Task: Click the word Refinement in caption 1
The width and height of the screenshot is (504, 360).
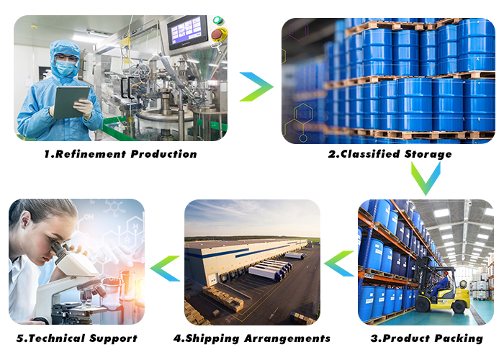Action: click(90, 154)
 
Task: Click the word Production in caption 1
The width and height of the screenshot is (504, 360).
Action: click(163, 154)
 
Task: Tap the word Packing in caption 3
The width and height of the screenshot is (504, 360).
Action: click(459, 338)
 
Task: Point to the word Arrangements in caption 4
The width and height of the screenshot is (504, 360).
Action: click(287, 338)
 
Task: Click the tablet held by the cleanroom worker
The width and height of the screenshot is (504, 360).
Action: click(71, 102)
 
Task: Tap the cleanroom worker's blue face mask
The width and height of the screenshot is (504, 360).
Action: click(66, 68)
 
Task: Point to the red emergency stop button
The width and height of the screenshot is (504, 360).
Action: click(217, 34)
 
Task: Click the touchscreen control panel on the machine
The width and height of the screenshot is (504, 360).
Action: click(188, 32)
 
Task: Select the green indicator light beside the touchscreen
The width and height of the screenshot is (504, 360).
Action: click(217, 20)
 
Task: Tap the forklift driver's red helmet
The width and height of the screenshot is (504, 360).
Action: click(446, 273)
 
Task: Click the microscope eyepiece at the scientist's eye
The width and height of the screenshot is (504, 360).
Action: click(58, 249)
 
